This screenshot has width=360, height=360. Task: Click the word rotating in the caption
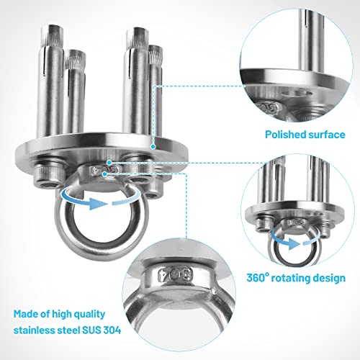click(x=291, y=279)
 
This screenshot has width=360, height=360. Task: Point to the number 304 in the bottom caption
click(x=112, y=330)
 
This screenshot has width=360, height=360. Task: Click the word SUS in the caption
click(x=91, y=330)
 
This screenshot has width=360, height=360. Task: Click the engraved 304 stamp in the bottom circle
click(x=176, y=274)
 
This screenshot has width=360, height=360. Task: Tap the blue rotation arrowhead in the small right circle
click(x=294, y=244)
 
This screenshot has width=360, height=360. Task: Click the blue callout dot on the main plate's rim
click(x=153, y=147)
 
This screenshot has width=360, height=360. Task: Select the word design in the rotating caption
click(x=330, y=279)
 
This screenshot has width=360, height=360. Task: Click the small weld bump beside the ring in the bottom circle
click(x=215, y=291)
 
